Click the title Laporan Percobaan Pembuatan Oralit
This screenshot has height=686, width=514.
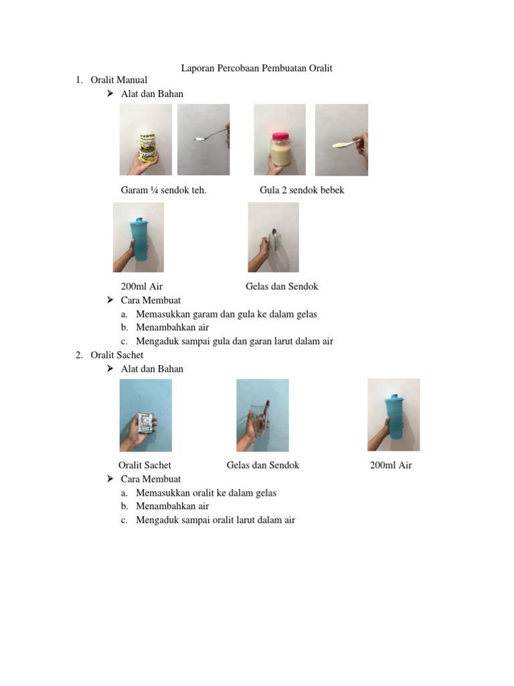click(257, 68)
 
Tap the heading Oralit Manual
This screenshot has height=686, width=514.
click(119, 80)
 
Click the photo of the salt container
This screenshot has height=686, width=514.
click(145, 139)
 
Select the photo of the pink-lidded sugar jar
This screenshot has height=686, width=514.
click(280, 139)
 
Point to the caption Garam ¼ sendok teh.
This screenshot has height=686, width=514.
click(164, 190)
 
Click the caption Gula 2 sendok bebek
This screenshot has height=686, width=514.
click(302, 190)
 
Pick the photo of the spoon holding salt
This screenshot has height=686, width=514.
click(203, 139)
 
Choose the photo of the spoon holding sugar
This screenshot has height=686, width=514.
click(341, 140)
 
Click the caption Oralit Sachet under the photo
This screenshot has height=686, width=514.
click(145, 465)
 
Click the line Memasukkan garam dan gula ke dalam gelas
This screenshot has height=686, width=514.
click(226, 314)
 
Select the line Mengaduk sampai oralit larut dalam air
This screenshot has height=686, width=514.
click(215, 520)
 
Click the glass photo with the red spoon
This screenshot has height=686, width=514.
click(262, 415)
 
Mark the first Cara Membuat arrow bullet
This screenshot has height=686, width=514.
click(110, 300)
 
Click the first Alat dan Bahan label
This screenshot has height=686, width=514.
click(152, 94)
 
